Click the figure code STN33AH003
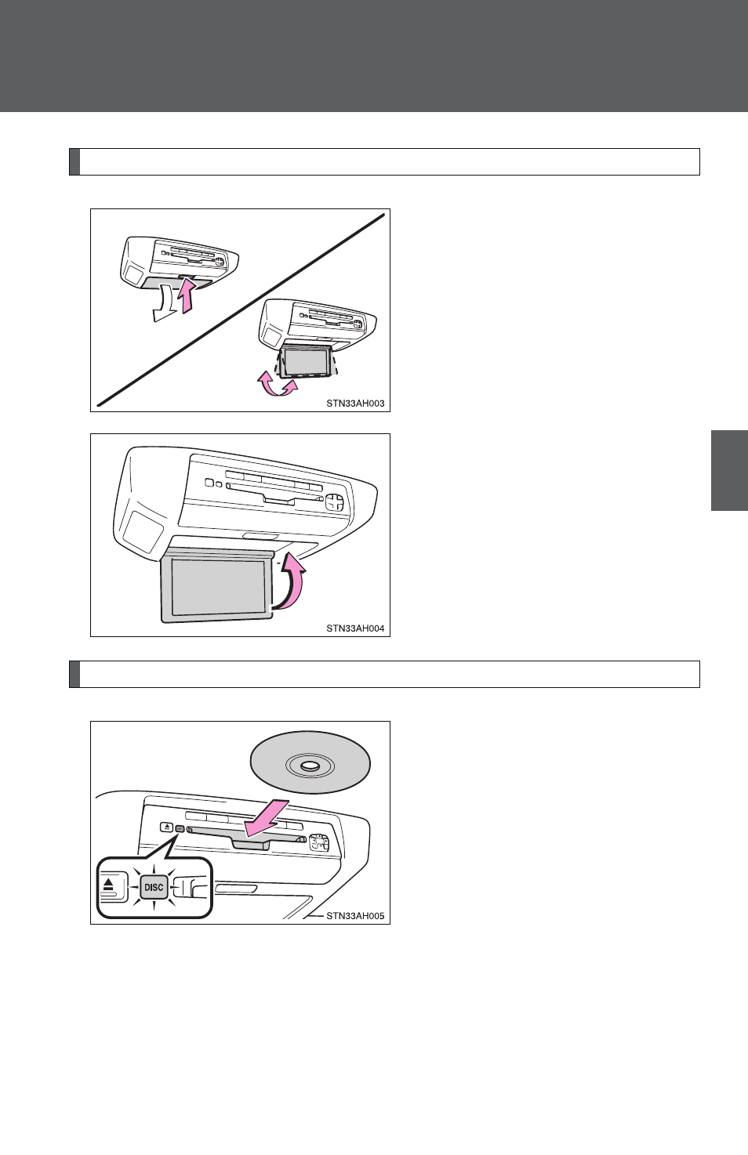click(x=355, y=404)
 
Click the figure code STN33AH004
click(x=355, y=628)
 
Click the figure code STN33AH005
click(x=355, y=916)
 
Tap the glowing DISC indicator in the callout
click(x=154, y=887)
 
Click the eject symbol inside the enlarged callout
click(x=108, y=885)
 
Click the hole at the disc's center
click(x=310, y=766)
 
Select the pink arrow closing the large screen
click(x=292, y=580)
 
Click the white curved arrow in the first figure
click(x=166, y=304)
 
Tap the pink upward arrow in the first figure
click(x=187, y=295)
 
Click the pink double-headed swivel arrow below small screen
click(x=278, y=386)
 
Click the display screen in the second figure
click(x=218, y=587)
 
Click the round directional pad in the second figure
click(x=335, y=501)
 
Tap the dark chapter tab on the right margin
click(x=729, y=470)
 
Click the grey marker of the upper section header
click(x=74, y=162)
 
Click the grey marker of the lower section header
click(x=74, y=674)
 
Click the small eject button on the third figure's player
click(x=167, y=827)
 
